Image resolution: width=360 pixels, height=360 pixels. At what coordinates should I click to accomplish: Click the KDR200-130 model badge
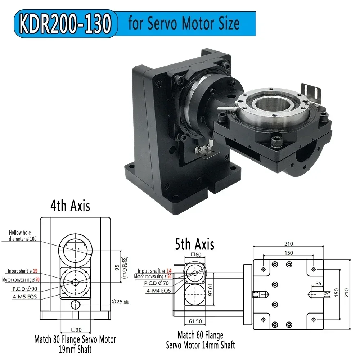[65, 23]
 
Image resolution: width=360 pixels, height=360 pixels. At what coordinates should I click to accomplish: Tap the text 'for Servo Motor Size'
[184, 23]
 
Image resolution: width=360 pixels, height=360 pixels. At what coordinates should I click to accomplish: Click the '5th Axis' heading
[194, 244]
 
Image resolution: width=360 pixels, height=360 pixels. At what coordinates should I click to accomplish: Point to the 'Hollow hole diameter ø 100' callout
[22, 236]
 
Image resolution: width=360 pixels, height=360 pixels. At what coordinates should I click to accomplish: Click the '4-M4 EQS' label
[158, 291]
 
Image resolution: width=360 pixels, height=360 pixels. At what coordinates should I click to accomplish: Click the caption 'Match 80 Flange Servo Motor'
[75, 339]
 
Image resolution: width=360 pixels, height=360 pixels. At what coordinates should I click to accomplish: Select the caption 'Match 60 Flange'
[200, 336]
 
